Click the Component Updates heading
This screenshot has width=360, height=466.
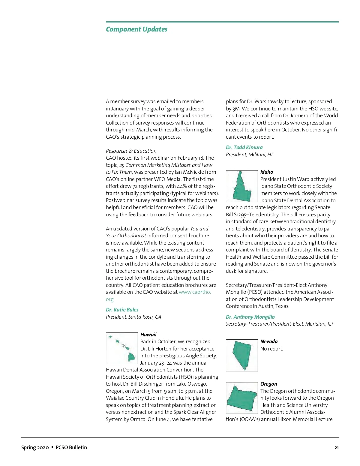click(136, 29)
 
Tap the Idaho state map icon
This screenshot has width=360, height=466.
click(241, 186)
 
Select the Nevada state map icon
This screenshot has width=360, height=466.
click(241, 355)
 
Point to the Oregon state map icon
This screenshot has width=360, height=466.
click(241, 398)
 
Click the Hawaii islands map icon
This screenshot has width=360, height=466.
click(122, 348)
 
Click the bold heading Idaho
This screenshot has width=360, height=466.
click(267, 172)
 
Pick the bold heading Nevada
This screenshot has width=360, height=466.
click(269, 341)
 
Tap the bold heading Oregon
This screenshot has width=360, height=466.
click(268, 384)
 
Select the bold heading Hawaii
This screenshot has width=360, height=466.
click(148, 335)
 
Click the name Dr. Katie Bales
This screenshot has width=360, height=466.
click(122, 310)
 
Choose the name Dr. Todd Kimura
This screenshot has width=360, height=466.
click(244, 147)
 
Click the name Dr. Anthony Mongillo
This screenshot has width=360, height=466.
click(250, 317)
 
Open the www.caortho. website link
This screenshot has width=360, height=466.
click(195, 292)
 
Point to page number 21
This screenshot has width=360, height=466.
click(336, 448)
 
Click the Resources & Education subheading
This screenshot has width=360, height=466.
click(131, 151)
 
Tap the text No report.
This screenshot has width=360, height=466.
click(271, 349)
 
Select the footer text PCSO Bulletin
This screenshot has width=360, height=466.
click(71, 447)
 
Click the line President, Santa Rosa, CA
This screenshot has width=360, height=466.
click(133, 317)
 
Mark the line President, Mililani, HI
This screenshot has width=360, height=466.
click(249, 155)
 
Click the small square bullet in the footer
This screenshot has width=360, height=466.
click(52, 447)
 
